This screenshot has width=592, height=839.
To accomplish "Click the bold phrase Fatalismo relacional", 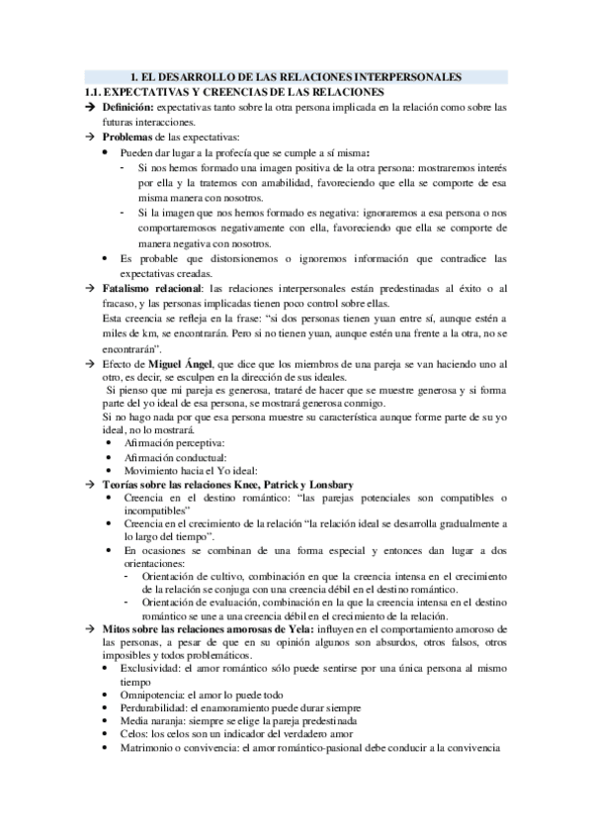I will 147,287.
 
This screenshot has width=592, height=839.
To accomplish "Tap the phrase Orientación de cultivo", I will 194,576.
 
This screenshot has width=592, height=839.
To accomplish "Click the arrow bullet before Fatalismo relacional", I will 90,287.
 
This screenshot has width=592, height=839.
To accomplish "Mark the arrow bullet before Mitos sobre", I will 90,629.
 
